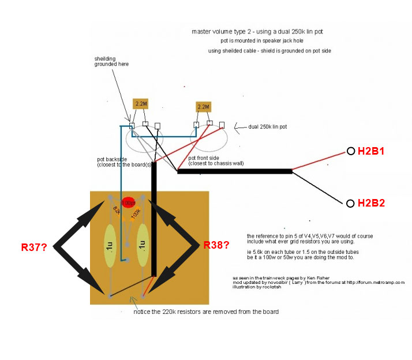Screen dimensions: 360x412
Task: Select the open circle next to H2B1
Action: (x=350, y=151)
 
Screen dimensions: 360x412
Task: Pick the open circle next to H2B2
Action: (x=350, y=203)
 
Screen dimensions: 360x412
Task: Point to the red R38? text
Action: (x=216, y=245)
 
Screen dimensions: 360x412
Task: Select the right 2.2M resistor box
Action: (x=203, y=107)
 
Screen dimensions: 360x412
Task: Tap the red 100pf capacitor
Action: (x=129, y=202)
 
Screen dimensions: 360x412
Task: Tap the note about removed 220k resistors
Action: (x=206, y=312)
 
